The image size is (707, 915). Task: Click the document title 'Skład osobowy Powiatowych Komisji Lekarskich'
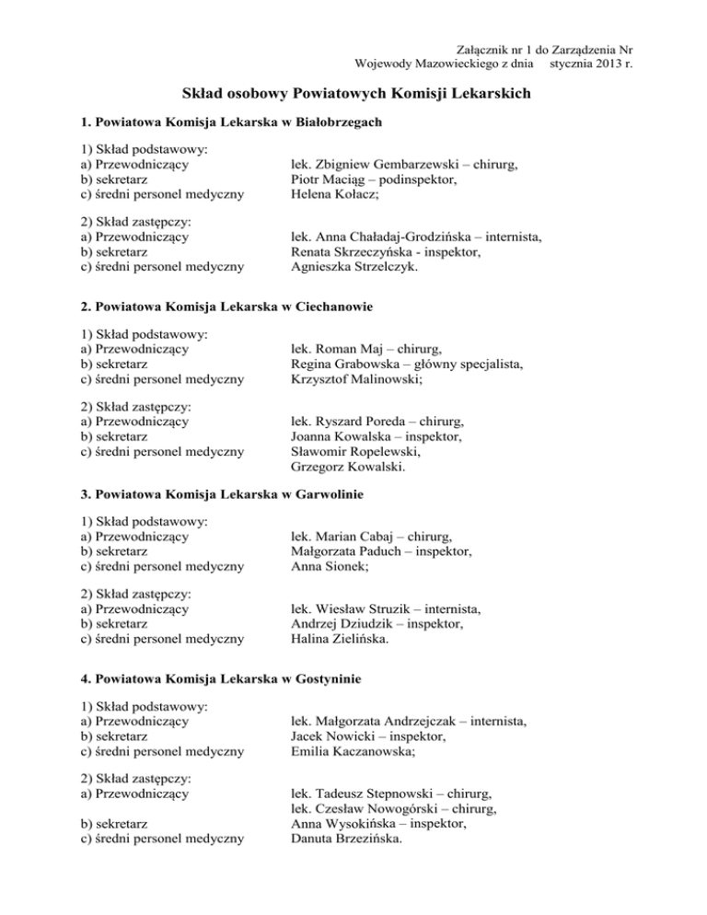(x=353, y=94)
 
